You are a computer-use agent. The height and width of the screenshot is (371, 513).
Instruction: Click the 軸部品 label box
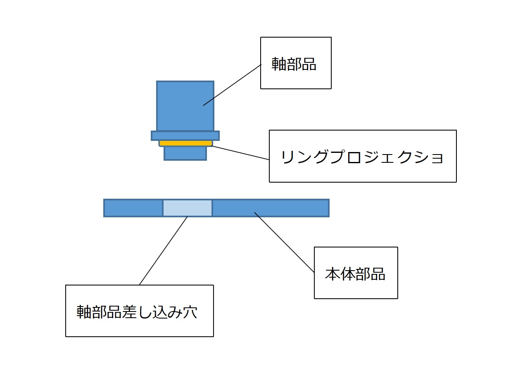tap(296, 63)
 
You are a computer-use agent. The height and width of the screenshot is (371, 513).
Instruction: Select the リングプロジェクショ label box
tap(363, 156)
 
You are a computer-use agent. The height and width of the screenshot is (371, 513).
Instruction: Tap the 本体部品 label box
tap(356, 273)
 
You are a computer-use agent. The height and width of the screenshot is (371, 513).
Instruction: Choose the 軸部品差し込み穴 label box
tap(139, 311)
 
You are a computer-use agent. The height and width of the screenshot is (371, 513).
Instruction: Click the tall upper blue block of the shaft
tap(185, 106)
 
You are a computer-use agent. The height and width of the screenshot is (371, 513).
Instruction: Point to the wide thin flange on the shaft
tap(185, 136)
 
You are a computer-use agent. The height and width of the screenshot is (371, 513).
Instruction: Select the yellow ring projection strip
tap(185, 143)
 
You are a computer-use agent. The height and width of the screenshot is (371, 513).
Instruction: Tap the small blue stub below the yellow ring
tap(185, 153)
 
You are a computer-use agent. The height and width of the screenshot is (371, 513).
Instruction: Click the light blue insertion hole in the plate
tap(187, 208)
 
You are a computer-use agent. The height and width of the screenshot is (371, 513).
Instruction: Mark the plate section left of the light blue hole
tap(133, 208)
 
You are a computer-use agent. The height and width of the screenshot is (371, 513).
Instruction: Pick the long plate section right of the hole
tap(271, 208)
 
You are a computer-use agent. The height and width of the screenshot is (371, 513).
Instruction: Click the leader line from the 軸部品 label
tap(233, 85)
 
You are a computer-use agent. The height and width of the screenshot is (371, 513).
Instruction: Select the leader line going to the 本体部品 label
tap(284, 242)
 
